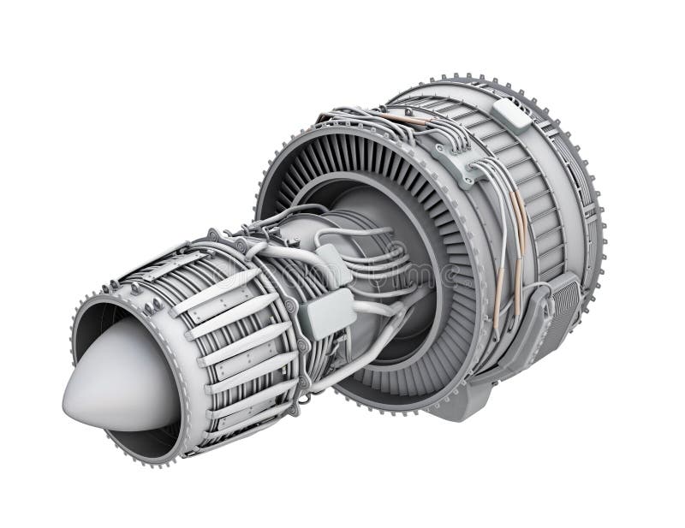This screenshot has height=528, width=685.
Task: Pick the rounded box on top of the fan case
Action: click(x=511, y=115)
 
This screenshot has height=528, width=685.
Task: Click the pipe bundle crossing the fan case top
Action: click(x=385, y=128)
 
